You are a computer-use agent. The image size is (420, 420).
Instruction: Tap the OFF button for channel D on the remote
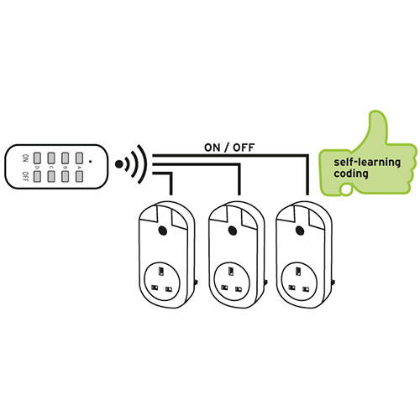(x=37, y=176)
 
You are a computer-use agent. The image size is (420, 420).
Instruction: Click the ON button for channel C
(x=51, y=158)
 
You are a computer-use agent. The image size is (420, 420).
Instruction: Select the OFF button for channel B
(x=65, y=176)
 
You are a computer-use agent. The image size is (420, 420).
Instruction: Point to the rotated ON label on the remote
(x=25, y=158)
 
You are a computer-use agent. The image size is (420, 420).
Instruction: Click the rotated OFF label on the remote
(x=25, y=176)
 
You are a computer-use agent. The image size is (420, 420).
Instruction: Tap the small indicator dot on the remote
(x=90, y=161)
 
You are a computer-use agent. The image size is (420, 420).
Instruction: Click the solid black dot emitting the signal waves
(x=119, y=164)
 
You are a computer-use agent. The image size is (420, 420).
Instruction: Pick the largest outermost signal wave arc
(x=143, y=164)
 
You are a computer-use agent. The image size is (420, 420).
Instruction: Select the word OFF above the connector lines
(x=244, y=148)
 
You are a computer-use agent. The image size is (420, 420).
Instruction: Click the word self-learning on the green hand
(x=367, y=163)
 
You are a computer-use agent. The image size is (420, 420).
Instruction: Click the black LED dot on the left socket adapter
(x=162, y=231)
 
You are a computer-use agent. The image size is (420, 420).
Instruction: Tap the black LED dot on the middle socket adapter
(x=232, y=231)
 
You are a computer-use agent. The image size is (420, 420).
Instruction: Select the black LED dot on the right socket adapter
(x=300, y=231)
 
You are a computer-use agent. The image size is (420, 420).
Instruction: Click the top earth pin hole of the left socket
(x=161, y=272)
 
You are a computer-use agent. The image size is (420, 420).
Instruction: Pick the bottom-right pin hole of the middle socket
(x=239, y=288)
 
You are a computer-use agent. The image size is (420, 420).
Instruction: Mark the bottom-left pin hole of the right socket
(x=292, y=288)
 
